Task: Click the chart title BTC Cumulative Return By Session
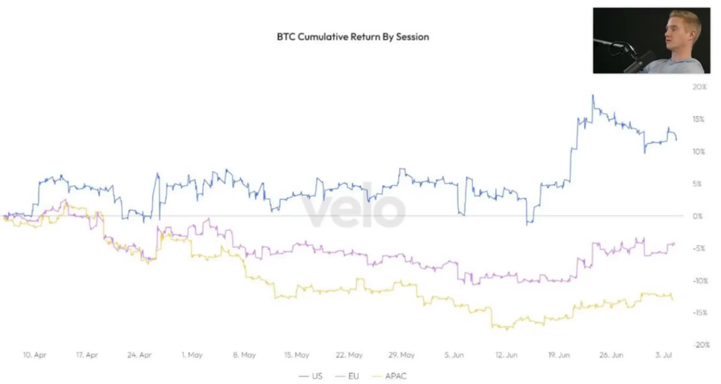point(353,37)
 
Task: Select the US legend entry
point(317,376)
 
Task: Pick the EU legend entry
point(353,376)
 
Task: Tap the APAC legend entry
point(395,376)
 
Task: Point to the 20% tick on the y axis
point(699,87)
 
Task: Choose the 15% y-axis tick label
point(699,120)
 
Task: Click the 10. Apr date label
point(35,355)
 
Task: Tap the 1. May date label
point(192,355)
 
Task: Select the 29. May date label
point(401,355)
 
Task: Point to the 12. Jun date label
point(506,355)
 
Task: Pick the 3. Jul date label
point(663,355)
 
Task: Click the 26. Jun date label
point(611,355)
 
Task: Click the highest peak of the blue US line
point(593,96)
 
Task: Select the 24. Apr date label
point(139,355)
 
